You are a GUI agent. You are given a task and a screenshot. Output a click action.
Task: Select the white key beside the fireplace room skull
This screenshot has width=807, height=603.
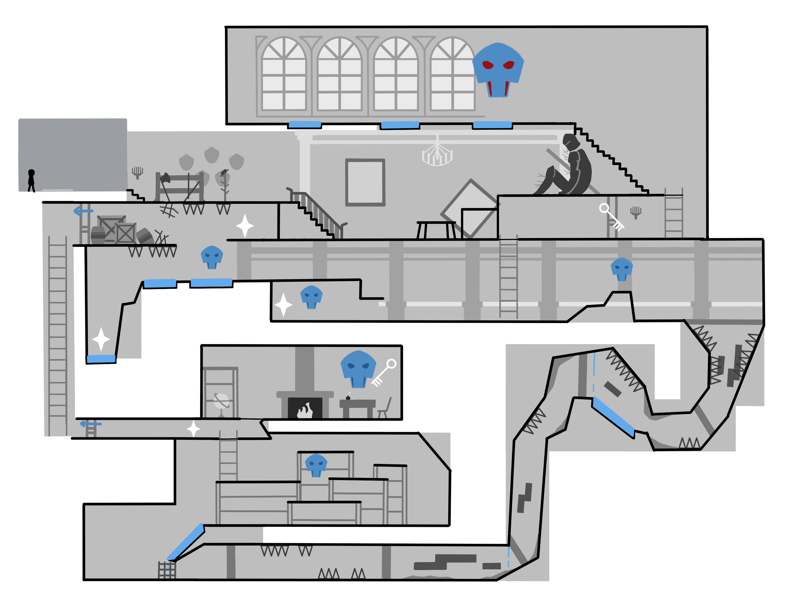[x=384, y=372]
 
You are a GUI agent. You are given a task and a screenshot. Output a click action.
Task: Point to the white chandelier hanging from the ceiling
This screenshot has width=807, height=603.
[x=437, y=155]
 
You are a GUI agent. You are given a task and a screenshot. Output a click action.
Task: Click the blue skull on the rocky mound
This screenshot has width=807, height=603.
[x=621, y=269]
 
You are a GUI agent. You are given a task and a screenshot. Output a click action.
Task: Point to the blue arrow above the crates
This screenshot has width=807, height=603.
[x=83, y=211]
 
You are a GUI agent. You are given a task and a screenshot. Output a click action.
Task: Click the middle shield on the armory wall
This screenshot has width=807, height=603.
[x=212, y=155]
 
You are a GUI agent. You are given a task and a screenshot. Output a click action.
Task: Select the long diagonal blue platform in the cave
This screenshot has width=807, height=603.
[x=613, y=417]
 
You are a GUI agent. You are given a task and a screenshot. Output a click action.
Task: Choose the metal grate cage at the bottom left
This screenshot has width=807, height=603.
[x=167, y=570]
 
